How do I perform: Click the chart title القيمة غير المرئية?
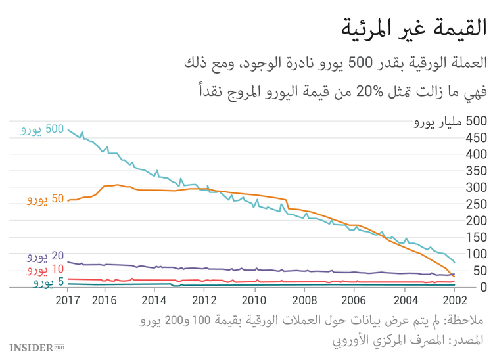413,28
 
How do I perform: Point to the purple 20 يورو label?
45,256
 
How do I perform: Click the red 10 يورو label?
45,269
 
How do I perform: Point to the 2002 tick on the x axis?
454,300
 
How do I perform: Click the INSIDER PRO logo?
37,346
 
